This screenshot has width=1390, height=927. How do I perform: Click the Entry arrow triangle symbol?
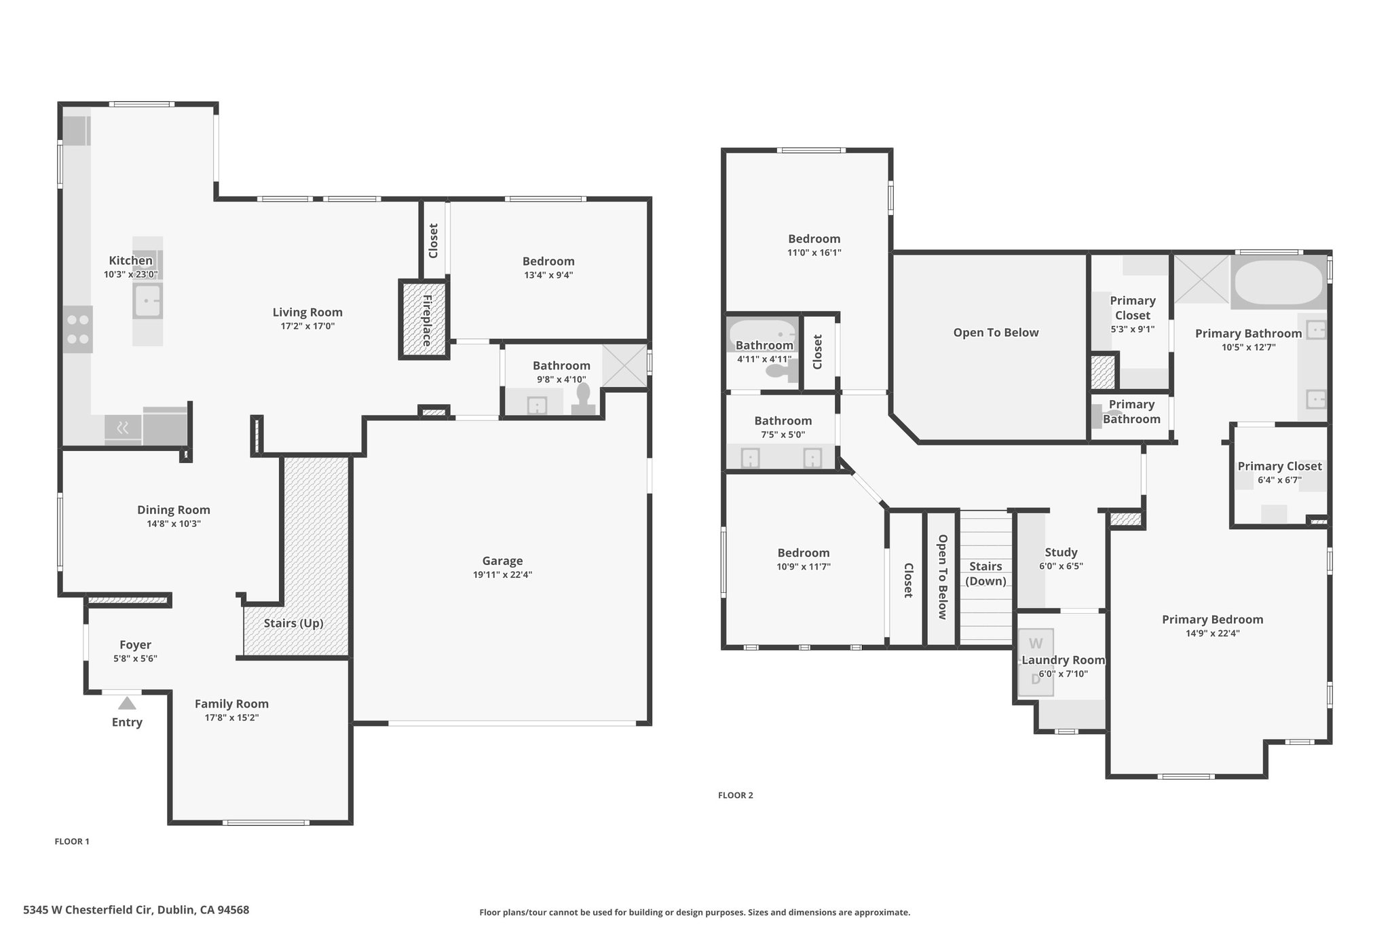pos(127,703)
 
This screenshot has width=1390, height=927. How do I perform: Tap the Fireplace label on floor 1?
pos(427,321)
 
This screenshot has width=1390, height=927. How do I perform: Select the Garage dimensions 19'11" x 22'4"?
pos(502,575)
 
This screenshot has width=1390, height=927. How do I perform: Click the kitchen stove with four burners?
pos(78,329)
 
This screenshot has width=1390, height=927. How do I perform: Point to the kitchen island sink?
pos(148,302)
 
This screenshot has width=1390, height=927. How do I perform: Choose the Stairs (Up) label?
pos(293,623)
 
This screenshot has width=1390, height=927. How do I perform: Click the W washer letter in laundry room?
pos(1036,643)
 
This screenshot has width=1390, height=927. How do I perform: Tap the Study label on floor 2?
pos(1061,553)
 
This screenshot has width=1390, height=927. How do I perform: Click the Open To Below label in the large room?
pos(996,333)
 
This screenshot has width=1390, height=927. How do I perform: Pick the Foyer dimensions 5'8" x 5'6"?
pos(135,658)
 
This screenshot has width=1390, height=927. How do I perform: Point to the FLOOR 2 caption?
pos(736,795)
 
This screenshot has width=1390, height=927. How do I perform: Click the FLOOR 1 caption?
pos(72,841)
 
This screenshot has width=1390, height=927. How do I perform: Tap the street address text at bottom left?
pos(136,909)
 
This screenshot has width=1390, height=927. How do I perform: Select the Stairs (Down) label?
pos(985,574)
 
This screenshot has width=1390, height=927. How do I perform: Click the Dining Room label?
pos(174,510)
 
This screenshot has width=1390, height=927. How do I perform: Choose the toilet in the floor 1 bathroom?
pos(583,399)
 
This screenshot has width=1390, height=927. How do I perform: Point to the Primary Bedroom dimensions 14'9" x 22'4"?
pos(1213,634)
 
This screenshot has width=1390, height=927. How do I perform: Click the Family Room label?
pos(232,704)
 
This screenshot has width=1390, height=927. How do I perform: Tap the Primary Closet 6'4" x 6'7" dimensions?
pos(1279,480)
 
